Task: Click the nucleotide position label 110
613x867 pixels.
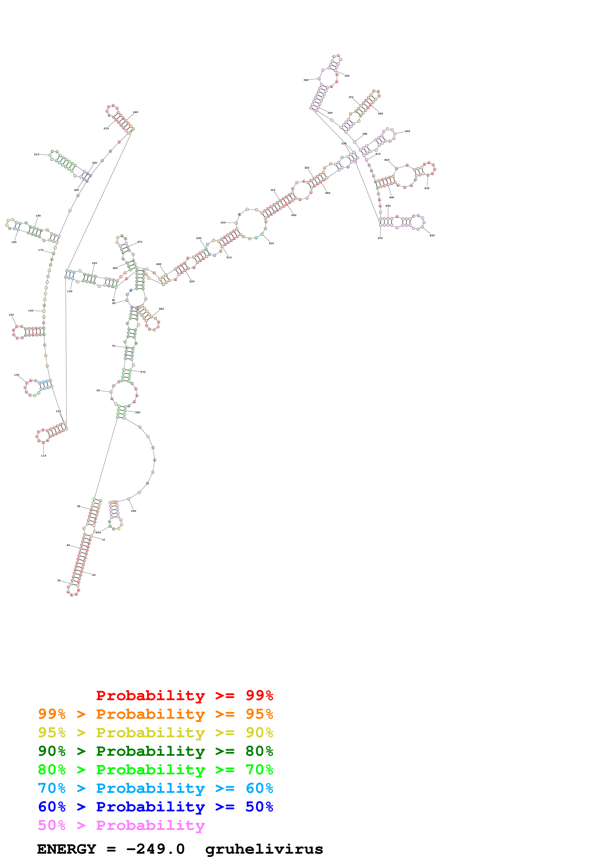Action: [44, 456]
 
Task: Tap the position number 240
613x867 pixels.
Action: [136, 112]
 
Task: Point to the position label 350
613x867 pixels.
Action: [347, 76]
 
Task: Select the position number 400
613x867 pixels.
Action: [407, 131]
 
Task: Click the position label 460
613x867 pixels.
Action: [432, 236]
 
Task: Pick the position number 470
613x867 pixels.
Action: [380, 238]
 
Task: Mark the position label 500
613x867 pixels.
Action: [271, 243]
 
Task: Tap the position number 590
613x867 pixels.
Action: [133, 511]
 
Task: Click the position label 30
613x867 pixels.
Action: [59, 581]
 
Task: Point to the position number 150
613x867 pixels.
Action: [11, 315]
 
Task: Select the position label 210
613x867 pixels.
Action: [37, 154]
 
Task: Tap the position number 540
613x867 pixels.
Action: [161, 309]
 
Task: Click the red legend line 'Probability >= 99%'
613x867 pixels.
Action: [184, 695]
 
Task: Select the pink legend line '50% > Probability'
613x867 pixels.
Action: [121, 825]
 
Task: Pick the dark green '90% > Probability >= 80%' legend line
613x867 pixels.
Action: [155, 751]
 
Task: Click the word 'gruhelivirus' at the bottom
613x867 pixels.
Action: [264, 849]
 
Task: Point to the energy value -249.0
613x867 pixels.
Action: [155, 849]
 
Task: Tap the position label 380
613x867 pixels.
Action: [380, 114]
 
